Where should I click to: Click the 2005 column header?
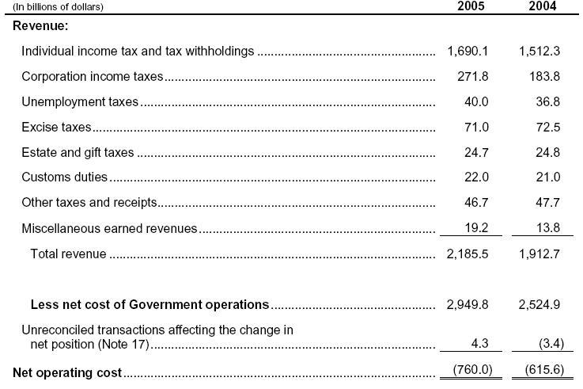tap(471, 6)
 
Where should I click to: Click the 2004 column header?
tap(543, 6)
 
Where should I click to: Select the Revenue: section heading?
tap(40, 25)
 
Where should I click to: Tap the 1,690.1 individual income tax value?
tap(468, 51)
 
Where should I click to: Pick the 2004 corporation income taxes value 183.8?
tap(545, 76)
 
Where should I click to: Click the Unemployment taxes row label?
tap(80, 101)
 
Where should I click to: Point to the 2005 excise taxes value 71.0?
tap(476, 127)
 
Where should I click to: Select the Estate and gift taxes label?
tap(78, 152)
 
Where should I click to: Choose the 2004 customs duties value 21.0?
tap(547, 177)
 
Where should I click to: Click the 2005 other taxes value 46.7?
tap(476, 202)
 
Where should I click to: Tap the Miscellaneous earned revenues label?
tap(109, 228)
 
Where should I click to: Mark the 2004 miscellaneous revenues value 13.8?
tap(547, 227)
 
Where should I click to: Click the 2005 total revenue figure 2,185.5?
tap(468, 254)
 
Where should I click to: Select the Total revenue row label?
tap(68, 254)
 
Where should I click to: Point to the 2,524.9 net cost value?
tap(539, 304)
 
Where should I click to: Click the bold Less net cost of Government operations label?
tap(150, 304)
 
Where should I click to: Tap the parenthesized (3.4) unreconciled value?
tap(551, 343)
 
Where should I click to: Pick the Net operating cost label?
tap(67, 372)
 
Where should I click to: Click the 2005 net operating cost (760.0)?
tap(472, 370)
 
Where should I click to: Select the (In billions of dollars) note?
tap(58, 6)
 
